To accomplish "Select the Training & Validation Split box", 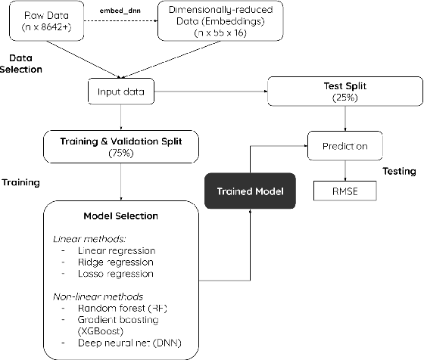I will coord(121,145).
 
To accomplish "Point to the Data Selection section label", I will coord(25,64).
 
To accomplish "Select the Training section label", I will coord(20,182).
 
